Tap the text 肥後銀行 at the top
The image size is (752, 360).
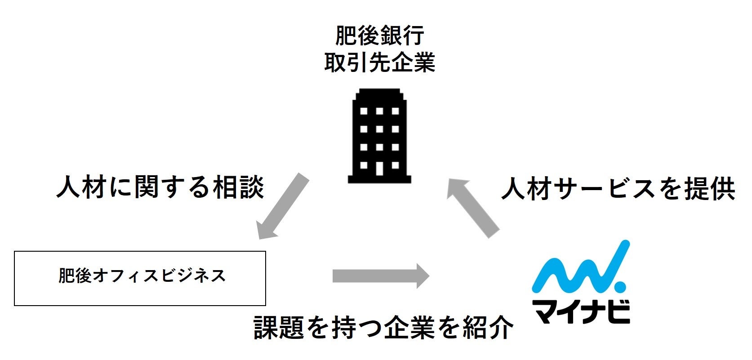[x=379, y=36]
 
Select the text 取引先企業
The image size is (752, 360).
[x=379, y=62]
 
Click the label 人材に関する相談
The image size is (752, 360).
[x=160, y=187]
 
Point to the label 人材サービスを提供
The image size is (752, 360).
[x=618, y=188]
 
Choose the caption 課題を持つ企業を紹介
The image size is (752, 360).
[x=383, y=327]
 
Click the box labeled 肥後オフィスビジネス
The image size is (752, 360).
[x=140, y=278]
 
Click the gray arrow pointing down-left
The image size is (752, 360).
[x=282, y=206]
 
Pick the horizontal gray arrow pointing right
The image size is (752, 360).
[x=380, y=276]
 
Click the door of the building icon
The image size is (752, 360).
[x=379, y=168]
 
